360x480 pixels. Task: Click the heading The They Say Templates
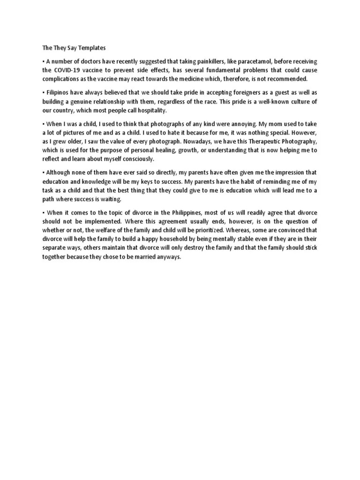(68, 48)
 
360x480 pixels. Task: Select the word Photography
(297, 142)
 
